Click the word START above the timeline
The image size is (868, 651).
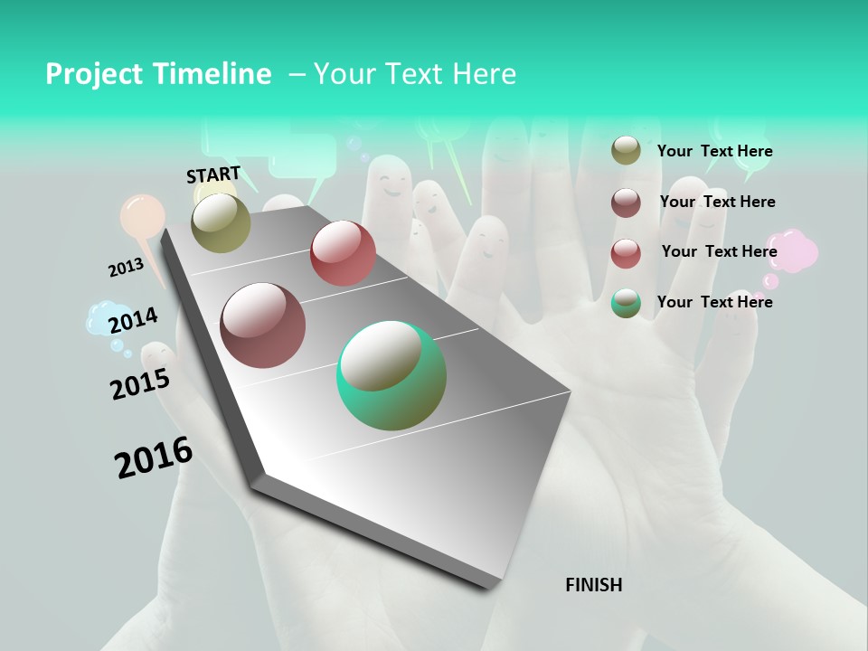tap(213, 174)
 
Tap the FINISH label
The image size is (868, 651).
tap(593, 585)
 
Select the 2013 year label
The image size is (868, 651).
tap(126, 268)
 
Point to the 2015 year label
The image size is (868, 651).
tap(140, 383)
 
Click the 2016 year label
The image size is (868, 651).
tap(154, 457)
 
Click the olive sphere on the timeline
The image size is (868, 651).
tap(221, 222)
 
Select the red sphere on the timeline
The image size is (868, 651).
tap(343, 253)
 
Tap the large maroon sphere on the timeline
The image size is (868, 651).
tap(262, 325)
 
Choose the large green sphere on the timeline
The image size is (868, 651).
tap(392, 375)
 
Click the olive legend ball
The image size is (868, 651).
tap(626, 150)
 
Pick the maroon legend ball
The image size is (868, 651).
tap(626, 203)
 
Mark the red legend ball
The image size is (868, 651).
tap(626, 253)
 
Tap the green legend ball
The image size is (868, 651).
tap(626, 303)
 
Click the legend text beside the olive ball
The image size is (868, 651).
tap(714, 151)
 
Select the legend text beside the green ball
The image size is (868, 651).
tap(714, 302)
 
